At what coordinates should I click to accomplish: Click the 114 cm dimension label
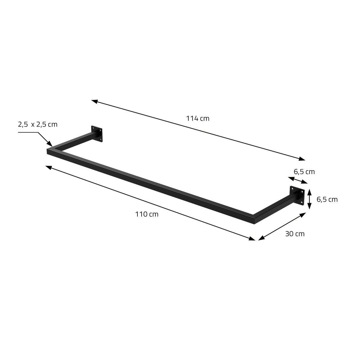(198, 118)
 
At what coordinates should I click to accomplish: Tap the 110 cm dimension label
(147, 214)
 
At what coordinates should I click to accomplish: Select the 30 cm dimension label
(295, 234)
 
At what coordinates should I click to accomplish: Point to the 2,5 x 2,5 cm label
(37, 124)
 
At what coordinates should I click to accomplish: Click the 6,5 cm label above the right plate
(304, 172)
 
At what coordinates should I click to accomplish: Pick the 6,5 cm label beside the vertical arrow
(327, 199)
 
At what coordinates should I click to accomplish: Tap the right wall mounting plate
(297, 196)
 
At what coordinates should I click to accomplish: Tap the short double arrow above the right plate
(298, 180)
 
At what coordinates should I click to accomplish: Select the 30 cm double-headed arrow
(282, 226)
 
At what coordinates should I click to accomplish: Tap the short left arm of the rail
(73, 141)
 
